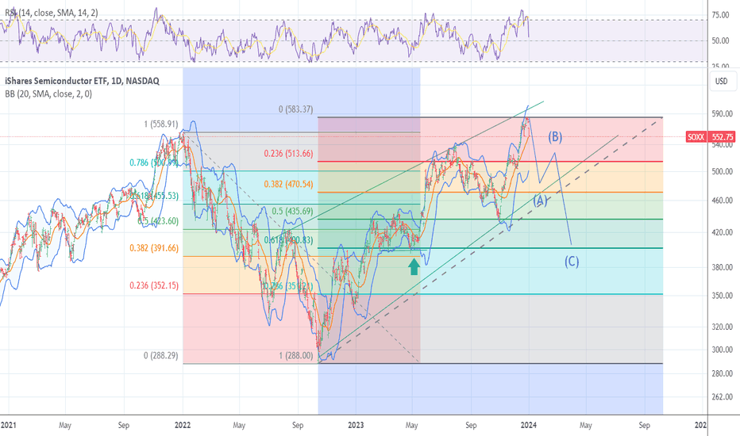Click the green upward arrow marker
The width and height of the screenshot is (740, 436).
tap(414, 266)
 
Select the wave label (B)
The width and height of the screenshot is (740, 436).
tap(554, 136)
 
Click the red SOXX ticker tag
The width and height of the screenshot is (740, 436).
tap(696, 136)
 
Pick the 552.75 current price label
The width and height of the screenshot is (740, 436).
tap(721, 136)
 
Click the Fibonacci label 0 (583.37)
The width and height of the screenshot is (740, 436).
tap(291, 110)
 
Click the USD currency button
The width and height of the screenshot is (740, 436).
tap(721, 81)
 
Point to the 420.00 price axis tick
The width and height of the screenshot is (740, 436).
tap(721, 232)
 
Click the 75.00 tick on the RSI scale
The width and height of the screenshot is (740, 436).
tap(721, 15)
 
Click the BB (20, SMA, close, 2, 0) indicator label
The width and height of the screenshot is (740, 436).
tap(48, 94)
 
